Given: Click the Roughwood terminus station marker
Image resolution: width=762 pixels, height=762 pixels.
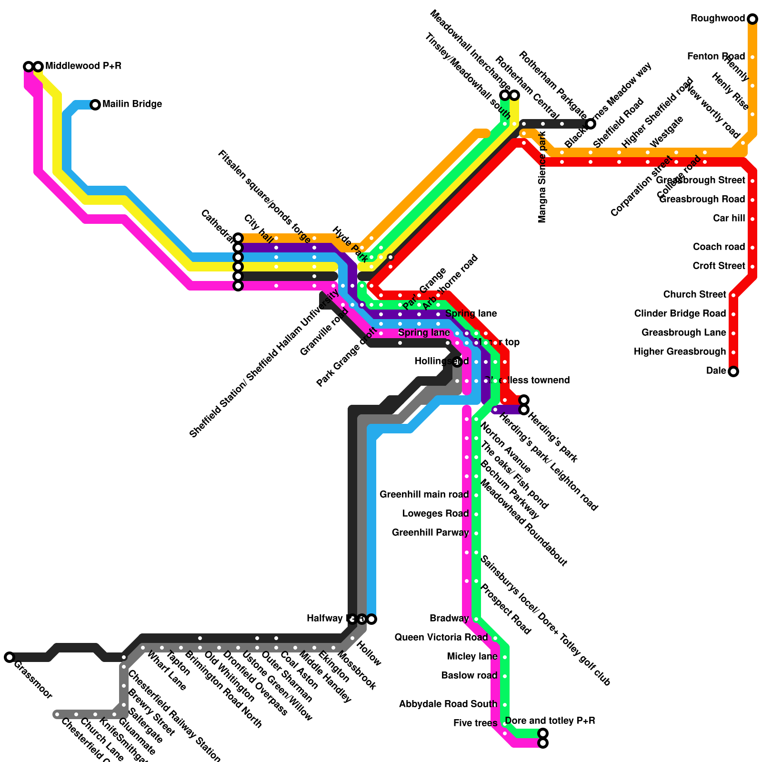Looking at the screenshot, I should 752,19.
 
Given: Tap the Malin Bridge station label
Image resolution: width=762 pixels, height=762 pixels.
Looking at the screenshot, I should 132,104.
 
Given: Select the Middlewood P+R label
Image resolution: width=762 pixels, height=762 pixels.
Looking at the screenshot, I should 83,66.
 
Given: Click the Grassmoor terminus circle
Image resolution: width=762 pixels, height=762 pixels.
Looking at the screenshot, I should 9,657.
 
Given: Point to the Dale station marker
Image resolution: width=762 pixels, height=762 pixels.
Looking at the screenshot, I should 733,371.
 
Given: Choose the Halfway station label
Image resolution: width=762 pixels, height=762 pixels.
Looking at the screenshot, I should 324,619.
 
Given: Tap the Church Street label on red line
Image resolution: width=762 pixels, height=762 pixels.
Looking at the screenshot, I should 694,295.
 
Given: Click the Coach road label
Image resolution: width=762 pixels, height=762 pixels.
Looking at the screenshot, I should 719,247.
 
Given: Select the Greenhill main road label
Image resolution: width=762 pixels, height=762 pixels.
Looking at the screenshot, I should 424,495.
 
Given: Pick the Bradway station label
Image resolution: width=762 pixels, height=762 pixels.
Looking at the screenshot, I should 449,619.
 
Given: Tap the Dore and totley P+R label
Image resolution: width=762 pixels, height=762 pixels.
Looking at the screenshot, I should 550,721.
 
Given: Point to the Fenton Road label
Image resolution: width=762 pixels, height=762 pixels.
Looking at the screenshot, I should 716,57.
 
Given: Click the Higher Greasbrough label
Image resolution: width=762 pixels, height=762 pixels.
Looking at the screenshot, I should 680,352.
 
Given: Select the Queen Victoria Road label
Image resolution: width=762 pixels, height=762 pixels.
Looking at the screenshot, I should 441,638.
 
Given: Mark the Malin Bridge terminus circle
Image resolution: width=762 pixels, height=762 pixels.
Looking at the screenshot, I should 95,105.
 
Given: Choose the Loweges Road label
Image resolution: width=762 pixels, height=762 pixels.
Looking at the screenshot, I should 435,514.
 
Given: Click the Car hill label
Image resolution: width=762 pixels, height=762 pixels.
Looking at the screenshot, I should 729,219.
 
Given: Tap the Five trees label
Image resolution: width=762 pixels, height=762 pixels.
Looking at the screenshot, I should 475,723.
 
